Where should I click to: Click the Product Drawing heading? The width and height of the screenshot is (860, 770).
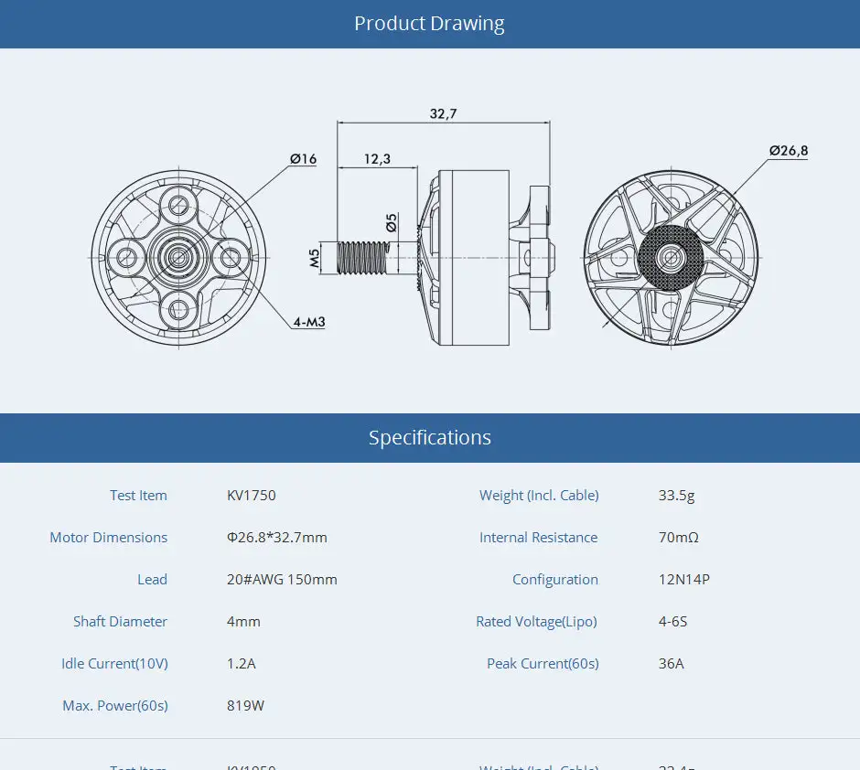click(429, 24)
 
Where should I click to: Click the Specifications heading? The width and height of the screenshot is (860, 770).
click(429, 438)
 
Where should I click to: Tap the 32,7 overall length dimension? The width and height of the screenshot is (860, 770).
click(443, 113)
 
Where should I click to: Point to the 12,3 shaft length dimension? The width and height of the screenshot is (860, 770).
click(377, 158)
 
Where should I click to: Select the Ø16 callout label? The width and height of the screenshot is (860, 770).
click(303, 159)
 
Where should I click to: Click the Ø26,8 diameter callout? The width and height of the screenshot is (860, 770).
click(788, 150)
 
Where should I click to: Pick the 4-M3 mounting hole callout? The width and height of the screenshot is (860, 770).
click(309, 322)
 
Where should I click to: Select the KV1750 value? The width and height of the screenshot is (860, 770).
click(251, 496)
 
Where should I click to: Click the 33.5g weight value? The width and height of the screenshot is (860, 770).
click(676, 496)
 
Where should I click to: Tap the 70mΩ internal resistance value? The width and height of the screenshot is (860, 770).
click(678, 538)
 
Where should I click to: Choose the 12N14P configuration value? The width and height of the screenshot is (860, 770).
click(683, 580)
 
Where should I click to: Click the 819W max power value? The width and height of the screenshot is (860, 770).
click(245, 706)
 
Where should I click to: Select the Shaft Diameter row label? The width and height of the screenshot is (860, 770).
click(120, 622)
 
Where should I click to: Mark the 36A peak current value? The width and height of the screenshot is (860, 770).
click(671, 664)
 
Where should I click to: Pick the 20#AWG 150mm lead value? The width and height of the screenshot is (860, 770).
click(282, 580)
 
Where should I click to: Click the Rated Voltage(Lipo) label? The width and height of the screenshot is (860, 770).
click(536, 622)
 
